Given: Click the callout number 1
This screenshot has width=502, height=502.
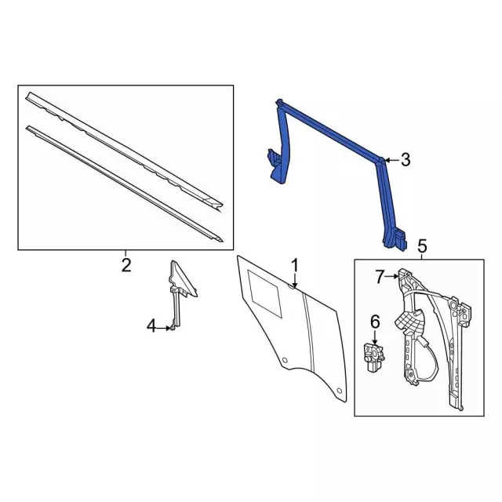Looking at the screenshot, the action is click(x=295, y=267).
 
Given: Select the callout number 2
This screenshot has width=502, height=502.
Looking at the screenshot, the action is click(x=126, y=265).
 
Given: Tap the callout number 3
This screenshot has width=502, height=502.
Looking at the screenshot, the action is click(x=406, y=159).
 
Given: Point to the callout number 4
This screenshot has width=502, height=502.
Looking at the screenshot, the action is click(x=151, y=326).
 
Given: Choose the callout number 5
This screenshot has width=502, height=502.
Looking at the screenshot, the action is click(x=422, y=246).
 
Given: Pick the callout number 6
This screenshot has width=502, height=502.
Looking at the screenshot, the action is click(x=375, y=322).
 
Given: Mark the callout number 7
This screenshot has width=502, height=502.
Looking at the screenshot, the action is click(x=380, y=277).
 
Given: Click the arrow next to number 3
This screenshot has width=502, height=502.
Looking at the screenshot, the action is click(x=391, y=159).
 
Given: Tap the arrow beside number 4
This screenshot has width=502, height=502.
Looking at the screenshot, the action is click(x=165, y=328).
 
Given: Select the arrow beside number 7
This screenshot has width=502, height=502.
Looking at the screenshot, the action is click(x=392, y=276).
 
